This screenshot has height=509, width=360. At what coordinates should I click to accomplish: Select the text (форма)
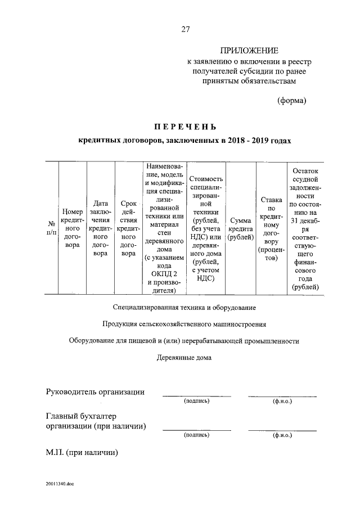click(291, 101)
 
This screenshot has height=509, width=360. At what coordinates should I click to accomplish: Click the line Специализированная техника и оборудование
click(184, 308)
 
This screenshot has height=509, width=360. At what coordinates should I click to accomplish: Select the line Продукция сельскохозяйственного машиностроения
click(184, 325)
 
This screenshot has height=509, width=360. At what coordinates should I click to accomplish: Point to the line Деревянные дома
click(184, 357)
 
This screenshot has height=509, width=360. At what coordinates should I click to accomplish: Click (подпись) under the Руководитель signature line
click(196, 401)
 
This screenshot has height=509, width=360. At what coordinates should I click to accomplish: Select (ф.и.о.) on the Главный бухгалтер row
click(282, 435)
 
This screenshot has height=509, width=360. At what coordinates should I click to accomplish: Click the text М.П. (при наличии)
click(82, 452)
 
